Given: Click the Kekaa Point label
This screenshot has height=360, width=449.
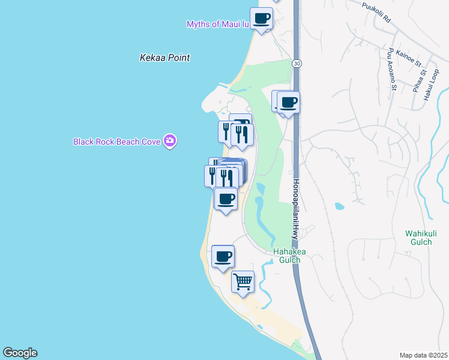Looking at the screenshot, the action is click(164, 58).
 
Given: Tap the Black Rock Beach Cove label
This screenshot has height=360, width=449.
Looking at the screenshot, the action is click(116, 142).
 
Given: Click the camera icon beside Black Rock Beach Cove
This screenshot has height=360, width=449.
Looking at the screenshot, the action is click(170, 141).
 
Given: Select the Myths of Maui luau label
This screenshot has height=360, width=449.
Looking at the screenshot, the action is click(217, 24).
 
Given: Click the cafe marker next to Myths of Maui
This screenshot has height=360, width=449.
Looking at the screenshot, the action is click(261, 19).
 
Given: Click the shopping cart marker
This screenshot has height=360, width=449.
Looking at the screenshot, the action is click(243, 281).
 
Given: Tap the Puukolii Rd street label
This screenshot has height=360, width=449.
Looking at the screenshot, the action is click(377, 12).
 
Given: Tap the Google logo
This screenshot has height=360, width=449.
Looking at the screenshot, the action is click(20, 353).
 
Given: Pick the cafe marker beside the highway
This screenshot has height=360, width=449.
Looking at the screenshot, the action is click(288, 103).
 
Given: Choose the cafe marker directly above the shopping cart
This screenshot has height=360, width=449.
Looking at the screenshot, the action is click(223, 257).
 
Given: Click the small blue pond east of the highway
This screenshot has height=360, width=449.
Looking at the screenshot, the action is click(340, 206).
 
